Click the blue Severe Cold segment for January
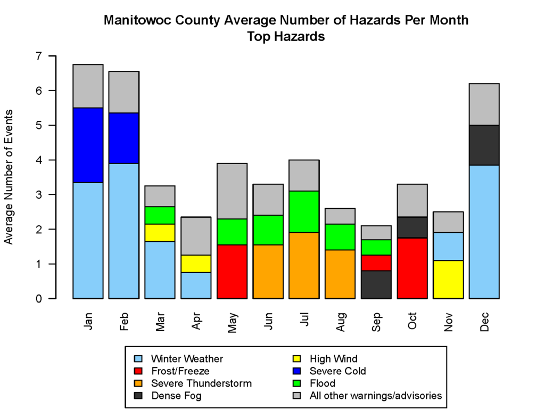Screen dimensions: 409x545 [x=88, y=145]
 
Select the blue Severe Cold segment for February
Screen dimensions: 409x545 [x=124, y=138]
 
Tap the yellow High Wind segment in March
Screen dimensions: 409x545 [x=160, y=233]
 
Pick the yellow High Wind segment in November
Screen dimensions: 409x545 [x=449, y=280]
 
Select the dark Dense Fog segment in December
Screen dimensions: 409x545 [x=484, y=145]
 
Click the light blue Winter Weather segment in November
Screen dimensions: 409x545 [x=449, y=247]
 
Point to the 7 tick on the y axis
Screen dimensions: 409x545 [x=52, y=56]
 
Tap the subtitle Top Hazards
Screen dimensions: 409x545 [x=286, y=37]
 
